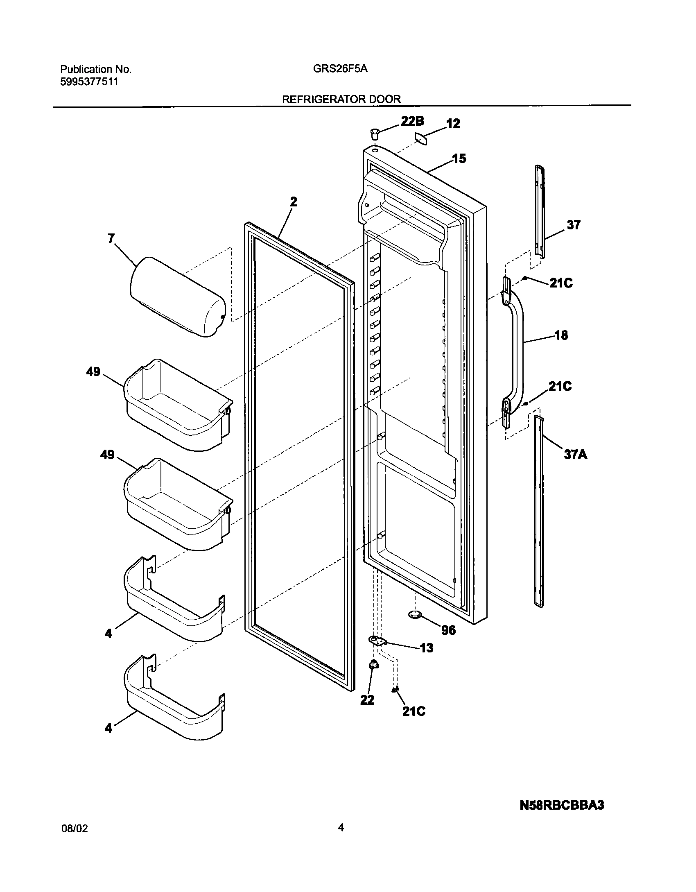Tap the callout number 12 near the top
[453, 123]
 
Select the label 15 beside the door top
[459, 158]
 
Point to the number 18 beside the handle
[561, 335]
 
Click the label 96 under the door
[449, 630]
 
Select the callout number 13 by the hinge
[426, 648]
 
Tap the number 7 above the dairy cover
[111, 238]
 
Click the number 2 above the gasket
[293, 202]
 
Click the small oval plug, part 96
[415, 625]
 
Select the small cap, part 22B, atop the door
[374, 133]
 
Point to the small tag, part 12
[421, 138]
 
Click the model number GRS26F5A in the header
[340, 69]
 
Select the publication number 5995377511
[89, 82]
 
